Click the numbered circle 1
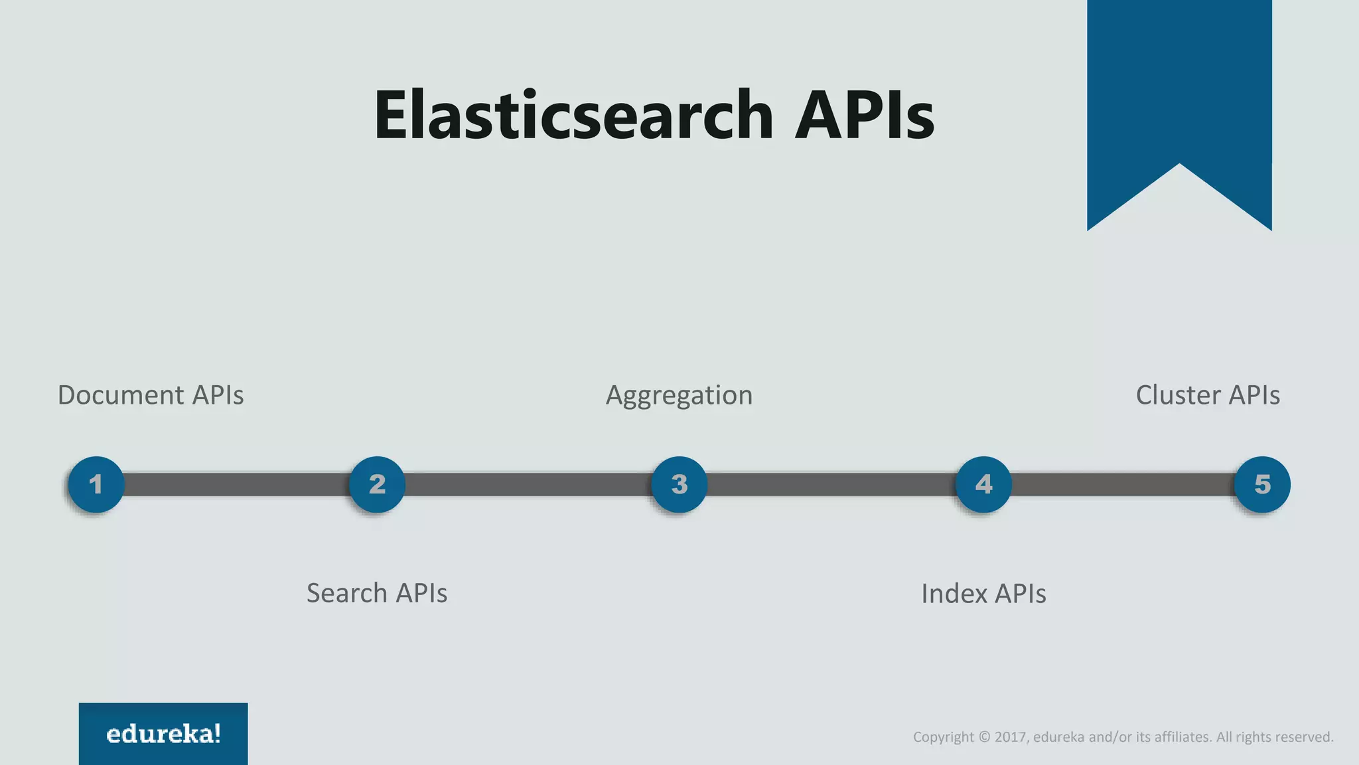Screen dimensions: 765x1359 click(x=96, y=484)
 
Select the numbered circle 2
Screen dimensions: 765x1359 click(x=377, y=484)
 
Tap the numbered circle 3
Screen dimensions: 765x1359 click(x=679, y=484)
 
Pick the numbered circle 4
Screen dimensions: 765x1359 click(x=983, y=484)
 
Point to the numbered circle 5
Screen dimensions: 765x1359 click(x=1262, y=484)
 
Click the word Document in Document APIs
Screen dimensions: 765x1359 click(x=120, y=395)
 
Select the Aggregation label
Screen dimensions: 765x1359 click(x=679, y=396)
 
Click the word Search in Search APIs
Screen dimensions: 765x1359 click(x=346, y=593)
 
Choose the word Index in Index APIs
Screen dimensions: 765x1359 click(x=954, y=594)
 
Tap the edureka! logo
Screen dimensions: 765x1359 click(x=163, y=734)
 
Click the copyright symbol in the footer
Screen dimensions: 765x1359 click(x=984, y=737)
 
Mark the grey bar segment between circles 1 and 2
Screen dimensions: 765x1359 click(x=236, y=484)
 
